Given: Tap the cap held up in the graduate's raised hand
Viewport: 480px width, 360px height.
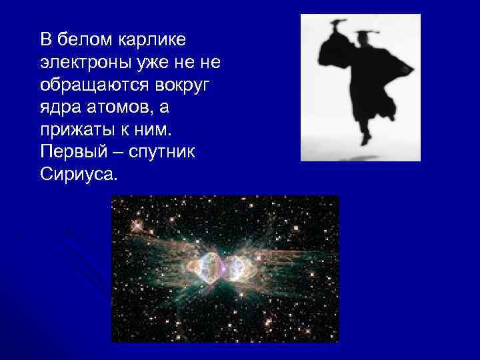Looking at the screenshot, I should [337, 25].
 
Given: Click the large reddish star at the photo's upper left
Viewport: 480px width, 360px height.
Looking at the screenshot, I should [138, 225].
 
